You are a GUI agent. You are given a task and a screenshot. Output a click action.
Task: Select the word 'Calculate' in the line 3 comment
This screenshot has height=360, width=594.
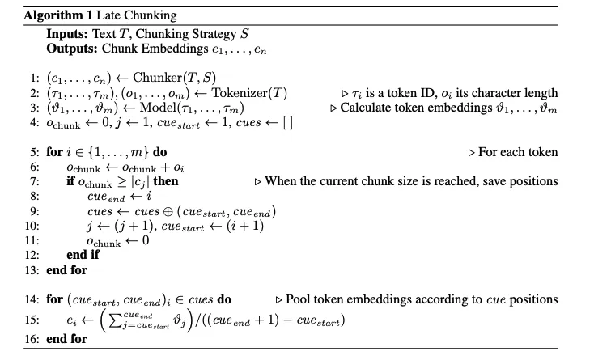click(x=369, y=108)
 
